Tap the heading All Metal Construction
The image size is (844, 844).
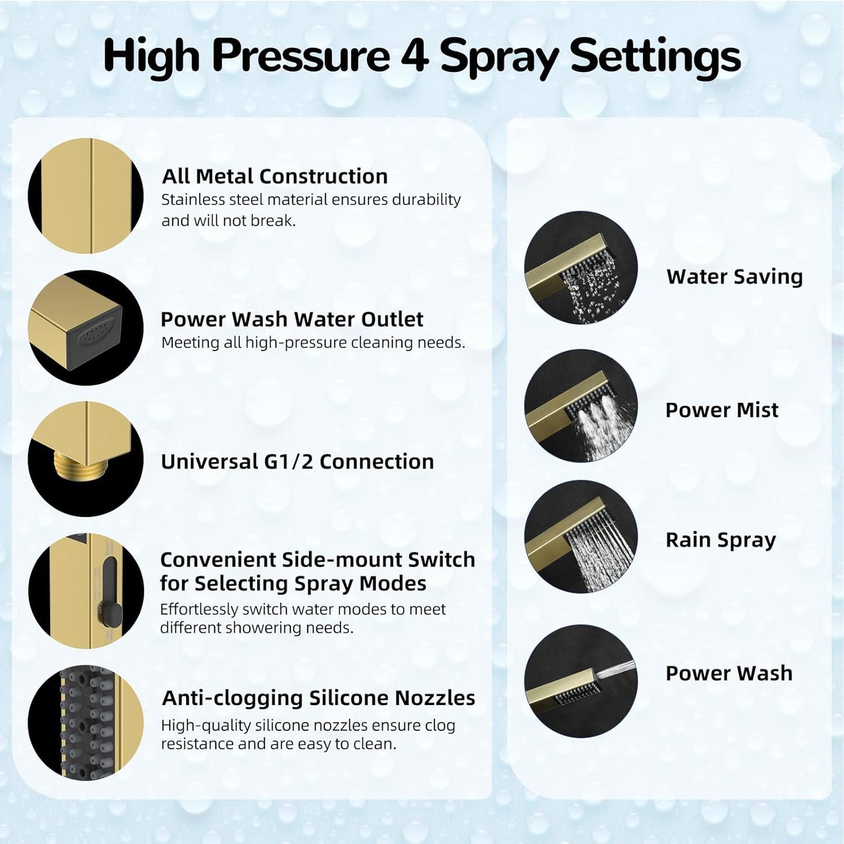click(275, 176)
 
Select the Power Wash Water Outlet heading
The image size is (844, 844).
click(291, 319)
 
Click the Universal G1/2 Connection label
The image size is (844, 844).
click(297, 462)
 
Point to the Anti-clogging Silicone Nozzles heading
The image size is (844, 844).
click(318, 698)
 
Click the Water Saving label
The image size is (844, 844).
click(734, 277)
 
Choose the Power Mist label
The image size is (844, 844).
click(721, 410)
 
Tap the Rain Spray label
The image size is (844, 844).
click(720, 540)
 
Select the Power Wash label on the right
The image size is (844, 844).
click(728, 673)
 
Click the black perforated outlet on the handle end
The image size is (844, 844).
click(95, 336)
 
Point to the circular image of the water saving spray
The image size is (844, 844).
click(581, 268)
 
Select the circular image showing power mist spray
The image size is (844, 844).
click(581, 406)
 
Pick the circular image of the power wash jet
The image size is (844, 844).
click(581, 681)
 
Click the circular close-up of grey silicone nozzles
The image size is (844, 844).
click(86, 723)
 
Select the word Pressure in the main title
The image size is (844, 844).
click(301, 56)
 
